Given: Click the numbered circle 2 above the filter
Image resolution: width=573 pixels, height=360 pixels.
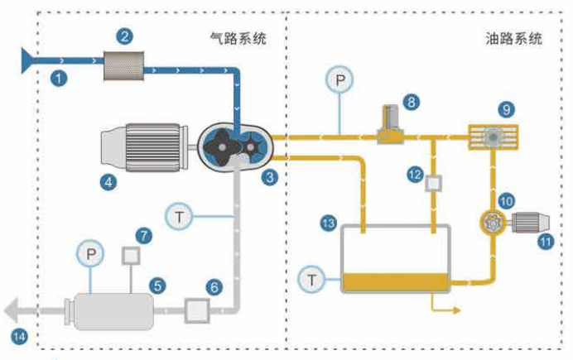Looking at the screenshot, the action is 124,36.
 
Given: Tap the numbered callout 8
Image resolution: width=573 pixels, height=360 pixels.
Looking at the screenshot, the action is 411,102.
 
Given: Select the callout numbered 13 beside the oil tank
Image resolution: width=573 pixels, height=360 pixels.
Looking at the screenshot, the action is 328,223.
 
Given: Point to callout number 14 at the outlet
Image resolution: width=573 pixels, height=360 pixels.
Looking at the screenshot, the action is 19,336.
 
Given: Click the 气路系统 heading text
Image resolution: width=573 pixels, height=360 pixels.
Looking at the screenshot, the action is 238,38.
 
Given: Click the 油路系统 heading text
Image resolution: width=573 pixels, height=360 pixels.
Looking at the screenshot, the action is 513,38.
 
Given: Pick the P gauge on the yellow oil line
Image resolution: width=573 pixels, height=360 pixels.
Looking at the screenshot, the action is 339,79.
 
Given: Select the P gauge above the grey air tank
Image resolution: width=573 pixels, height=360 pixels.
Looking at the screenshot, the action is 90,254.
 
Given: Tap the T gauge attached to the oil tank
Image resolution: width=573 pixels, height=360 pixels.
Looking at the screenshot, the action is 311,280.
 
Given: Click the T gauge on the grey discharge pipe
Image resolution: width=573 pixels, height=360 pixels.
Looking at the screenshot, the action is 179,217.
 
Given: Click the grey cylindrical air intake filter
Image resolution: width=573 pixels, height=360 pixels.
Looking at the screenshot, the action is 124,65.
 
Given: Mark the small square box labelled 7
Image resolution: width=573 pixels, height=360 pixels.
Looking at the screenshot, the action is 131,256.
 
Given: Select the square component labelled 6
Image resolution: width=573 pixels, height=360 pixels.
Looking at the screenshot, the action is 197,310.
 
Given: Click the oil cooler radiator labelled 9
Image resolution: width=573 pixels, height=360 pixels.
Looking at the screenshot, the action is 494,137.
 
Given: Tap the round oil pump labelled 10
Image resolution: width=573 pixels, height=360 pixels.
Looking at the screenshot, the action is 493,222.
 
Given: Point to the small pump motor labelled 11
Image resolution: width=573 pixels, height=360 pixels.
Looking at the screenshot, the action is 530,222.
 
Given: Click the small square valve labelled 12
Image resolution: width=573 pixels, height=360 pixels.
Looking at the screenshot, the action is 433,183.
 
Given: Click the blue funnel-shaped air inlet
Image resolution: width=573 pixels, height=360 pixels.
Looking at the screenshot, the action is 27,60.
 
